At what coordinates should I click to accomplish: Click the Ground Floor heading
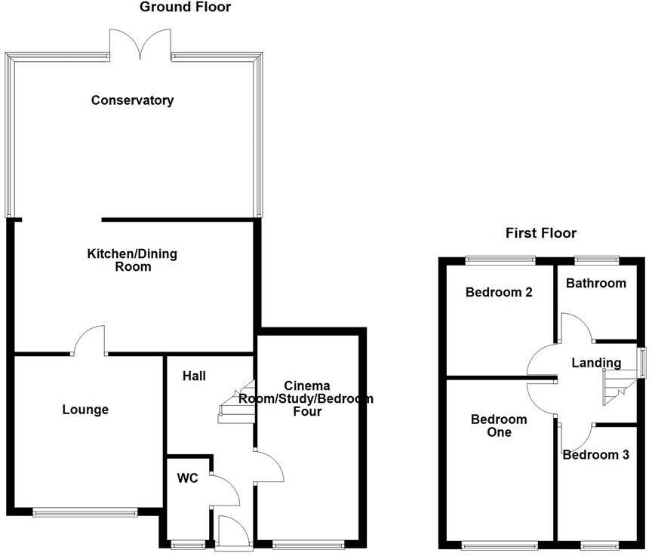click(185, 8)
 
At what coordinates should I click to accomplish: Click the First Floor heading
click(541, 233)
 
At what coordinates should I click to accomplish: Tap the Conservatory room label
click(132, 100)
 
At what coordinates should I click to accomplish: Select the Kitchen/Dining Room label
click(132, 260)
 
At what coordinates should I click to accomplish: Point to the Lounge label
click(85, 410)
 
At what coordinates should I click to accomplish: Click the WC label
click(187, 478)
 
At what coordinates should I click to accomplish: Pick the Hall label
click(194, 376)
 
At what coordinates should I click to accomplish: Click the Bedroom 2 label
click(499, 292)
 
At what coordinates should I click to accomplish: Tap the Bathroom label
click(596, 283)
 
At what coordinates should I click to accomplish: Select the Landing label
click(596, 363)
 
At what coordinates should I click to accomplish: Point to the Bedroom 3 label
click(596, 455)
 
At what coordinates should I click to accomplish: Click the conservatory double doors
click(140, 43)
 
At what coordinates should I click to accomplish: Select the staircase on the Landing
click(616, 388)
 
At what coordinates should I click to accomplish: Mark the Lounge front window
click(85, 512)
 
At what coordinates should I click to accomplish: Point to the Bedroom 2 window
click(500, 260)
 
